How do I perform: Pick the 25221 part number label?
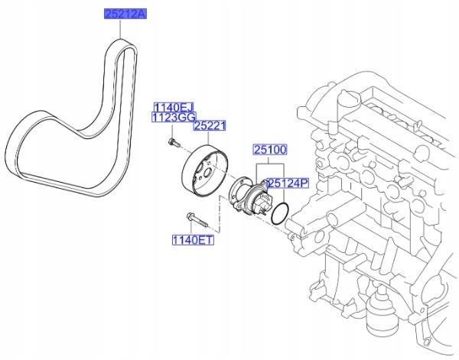click(207, 126)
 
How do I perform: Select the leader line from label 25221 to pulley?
click(204, 138)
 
